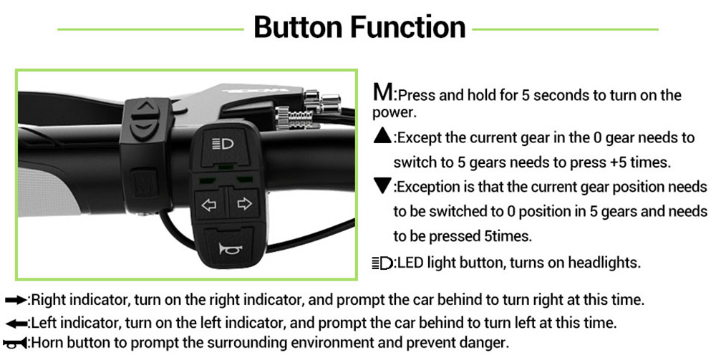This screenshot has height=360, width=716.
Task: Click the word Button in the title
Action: click(299, 27)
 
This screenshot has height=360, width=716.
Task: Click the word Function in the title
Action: click(408, 27)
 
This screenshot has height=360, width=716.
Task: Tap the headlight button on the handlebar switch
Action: click(223, 145)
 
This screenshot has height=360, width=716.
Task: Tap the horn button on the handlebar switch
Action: click(229, 248)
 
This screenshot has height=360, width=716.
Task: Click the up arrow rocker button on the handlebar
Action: click(145, 107)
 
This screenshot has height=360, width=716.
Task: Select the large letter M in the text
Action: click(382, 92)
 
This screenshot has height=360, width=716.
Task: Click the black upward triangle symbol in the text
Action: click(382, 136)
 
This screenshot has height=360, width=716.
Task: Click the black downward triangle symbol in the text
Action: click(382, 186)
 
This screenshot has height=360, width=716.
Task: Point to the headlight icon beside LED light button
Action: click(382, 263)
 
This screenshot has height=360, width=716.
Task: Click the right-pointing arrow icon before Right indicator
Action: click(16, 300)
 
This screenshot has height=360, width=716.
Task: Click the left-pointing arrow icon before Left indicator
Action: click(16, 323)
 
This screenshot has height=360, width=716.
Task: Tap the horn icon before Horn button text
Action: click(16, 343)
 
